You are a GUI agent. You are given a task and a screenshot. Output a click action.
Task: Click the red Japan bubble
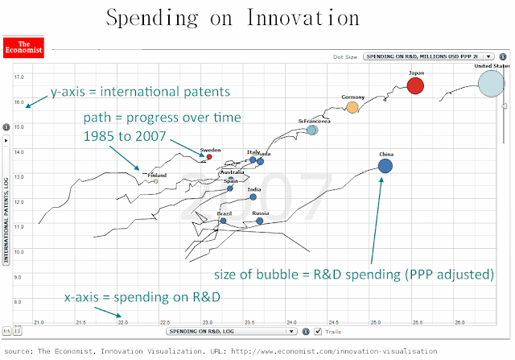coord(415,85)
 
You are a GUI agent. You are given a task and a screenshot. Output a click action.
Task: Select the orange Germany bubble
coord(352,107)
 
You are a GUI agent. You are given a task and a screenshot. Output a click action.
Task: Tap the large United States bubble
coord(492,82)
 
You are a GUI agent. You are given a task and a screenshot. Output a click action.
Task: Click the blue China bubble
coord(385,166)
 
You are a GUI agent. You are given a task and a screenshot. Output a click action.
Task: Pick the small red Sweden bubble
coord(209,157)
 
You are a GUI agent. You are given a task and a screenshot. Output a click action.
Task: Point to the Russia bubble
coord(260,221)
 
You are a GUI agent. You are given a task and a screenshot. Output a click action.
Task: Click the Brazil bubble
coord(223,221)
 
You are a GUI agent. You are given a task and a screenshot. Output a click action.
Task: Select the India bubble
coord(253,197)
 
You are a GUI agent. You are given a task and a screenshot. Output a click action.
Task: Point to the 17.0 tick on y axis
coord(19,77)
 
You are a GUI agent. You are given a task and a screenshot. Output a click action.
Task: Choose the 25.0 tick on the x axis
coord(376,323)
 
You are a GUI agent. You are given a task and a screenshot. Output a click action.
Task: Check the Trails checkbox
coord(319,331)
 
